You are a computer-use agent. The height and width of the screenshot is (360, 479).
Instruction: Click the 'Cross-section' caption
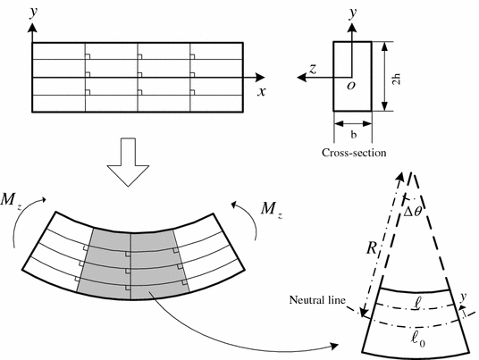click(354, 153)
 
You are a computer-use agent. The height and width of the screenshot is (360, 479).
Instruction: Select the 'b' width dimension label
click(354, 134)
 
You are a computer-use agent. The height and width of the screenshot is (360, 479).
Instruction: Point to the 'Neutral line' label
click(317, 300)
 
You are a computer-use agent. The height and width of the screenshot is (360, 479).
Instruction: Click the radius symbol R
click(372, 248)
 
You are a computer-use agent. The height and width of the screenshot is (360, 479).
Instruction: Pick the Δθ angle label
click(412, 212)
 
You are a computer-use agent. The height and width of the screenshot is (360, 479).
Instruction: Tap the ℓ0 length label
click(418, 339)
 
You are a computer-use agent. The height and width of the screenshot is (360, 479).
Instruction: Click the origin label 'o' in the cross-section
click(351, 86)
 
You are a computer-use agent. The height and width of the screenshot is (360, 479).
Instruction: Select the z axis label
click(313, 70)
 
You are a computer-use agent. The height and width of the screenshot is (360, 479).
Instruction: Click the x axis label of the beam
click(262, 91)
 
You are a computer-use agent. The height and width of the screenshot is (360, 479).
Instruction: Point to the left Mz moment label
click(12, 200)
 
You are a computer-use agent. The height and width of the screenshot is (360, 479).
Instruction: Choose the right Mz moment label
click(272, 209)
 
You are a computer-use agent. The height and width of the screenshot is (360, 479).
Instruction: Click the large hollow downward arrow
click(128, 163)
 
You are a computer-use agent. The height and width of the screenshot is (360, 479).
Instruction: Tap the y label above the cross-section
click(354, 13)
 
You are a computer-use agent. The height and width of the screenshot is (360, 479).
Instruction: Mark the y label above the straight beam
click(34, 13)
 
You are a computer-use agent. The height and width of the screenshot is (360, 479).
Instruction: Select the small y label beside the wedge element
click(464, 297)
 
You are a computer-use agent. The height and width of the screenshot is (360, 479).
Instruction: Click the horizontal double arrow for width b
click(353, 123)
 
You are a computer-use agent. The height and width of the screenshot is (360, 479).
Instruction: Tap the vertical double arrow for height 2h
click(385, 76)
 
